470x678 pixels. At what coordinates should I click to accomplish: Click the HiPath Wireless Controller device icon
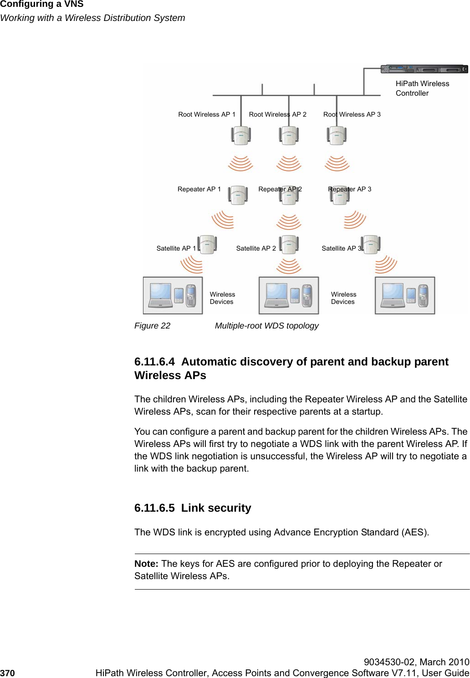coord(424,69)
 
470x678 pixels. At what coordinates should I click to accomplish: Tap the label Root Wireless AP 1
coord(207,114)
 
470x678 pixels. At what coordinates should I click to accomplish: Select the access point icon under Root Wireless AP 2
coord(289,135)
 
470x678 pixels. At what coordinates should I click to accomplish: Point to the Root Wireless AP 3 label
coord(352,114)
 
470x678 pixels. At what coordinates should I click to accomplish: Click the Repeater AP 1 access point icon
coord(238,195)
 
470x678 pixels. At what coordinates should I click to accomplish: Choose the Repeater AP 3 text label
coord(350,189)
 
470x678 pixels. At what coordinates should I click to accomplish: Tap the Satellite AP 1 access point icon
coord(207,245)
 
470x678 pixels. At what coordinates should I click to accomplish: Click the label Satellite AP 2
coord(256,248)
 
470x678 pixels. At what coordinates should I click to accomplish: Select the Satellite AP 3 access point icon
coord(371,244)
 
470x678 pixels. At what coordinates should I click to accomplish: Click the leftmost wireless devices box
coord(173,295)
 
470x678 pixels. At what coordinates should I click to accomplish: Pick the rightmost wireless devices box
coord(405,295)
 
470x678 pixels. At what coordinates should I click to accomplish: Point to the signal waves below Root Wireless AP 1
coord(240,163)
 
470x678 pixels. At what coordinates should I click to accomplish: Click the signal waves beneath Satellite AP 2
coord(289,266)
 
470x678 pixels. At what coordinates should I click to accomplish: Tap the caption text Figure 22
coord(152,326)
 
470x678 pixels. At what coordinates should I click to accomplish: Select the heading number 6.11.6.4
coord(154,362)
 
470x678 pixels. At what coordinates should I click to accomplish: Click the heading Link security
coord(216,508)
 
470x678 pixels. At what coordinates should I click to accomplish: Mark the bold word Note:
coord(146,564)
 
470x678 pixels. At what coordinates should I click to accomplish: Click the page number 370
coord(8,673)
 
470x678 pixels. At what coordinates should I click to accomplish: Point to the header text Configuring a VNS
coord(42,5)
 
